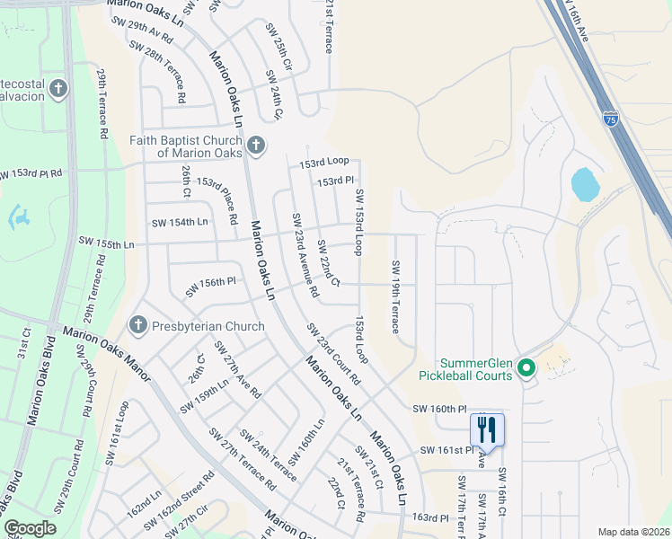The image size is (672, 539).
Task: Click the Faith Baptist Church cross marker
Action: tap(256, 146)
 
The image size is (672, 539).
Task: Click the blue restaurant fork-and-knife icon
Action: tap(487, 429)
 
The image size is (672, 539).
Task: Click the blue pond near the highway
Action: tap(585, 184)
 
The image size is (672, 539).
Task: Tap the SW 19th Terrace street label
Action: tap(393, 296)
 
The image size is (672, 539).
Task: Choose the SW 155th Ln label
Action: tap(106, 243)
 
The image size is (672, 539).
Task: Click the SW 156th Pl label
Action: tap(210, 287)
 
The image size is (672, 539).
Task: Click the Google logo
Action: tap(30, 528)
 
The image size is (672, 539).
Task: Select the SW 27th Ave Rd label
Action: tap(237, 369)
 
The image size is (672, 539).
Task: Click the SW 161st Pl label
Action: tap(445, 450)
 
